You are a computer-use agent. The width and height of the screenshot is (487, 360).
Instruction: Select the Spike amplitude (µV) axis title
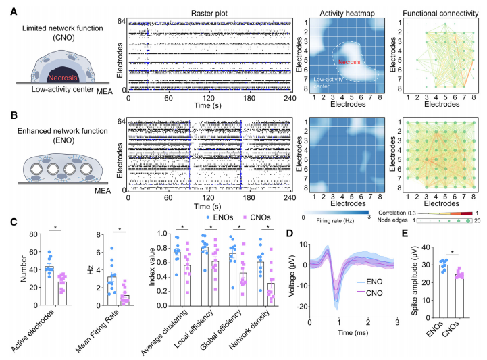point(422,278)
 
